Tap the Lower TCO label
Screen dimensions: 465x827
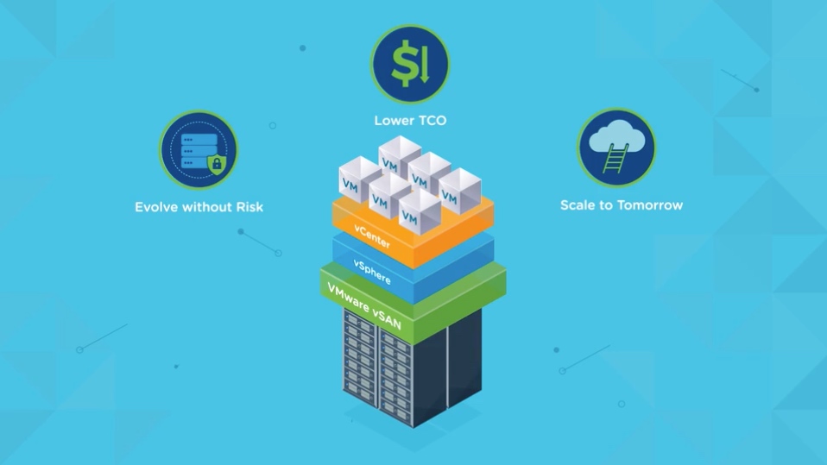coord(410,121)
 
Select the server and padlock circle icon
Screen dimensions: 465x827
coord(199,150)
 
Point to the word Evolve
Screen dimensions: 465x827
coord(156,207)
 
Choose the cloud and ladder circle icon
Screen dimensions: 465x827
coord(616,148)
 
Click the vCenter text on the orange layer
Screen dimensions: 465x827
coord(373,237)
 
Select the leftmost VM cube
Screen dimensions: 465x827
coord(351,180)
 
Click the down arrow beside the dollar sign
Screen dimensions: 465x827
coord(423,65)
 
